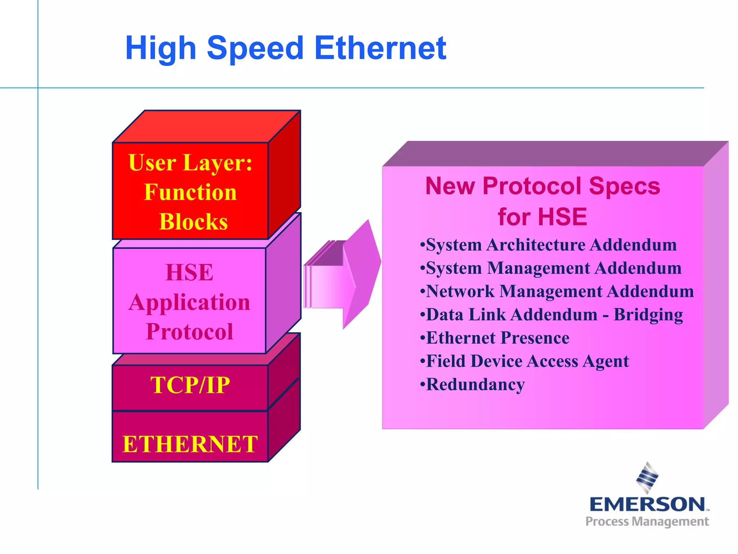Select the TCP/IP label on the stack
(190, 385)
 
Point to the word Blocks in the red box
(194, 221)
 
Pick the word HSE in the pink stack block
(190, 272)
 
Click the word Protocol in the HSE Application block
(190, 331)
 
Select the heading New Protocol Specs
(542, 186)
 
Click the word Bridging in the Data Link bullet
(648, 315)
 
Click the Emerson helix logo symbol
(647, 477)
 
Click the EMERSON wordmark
(647, 504)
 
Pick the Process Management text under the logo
(647, 522)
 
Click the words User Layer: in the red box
(190, 163)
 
